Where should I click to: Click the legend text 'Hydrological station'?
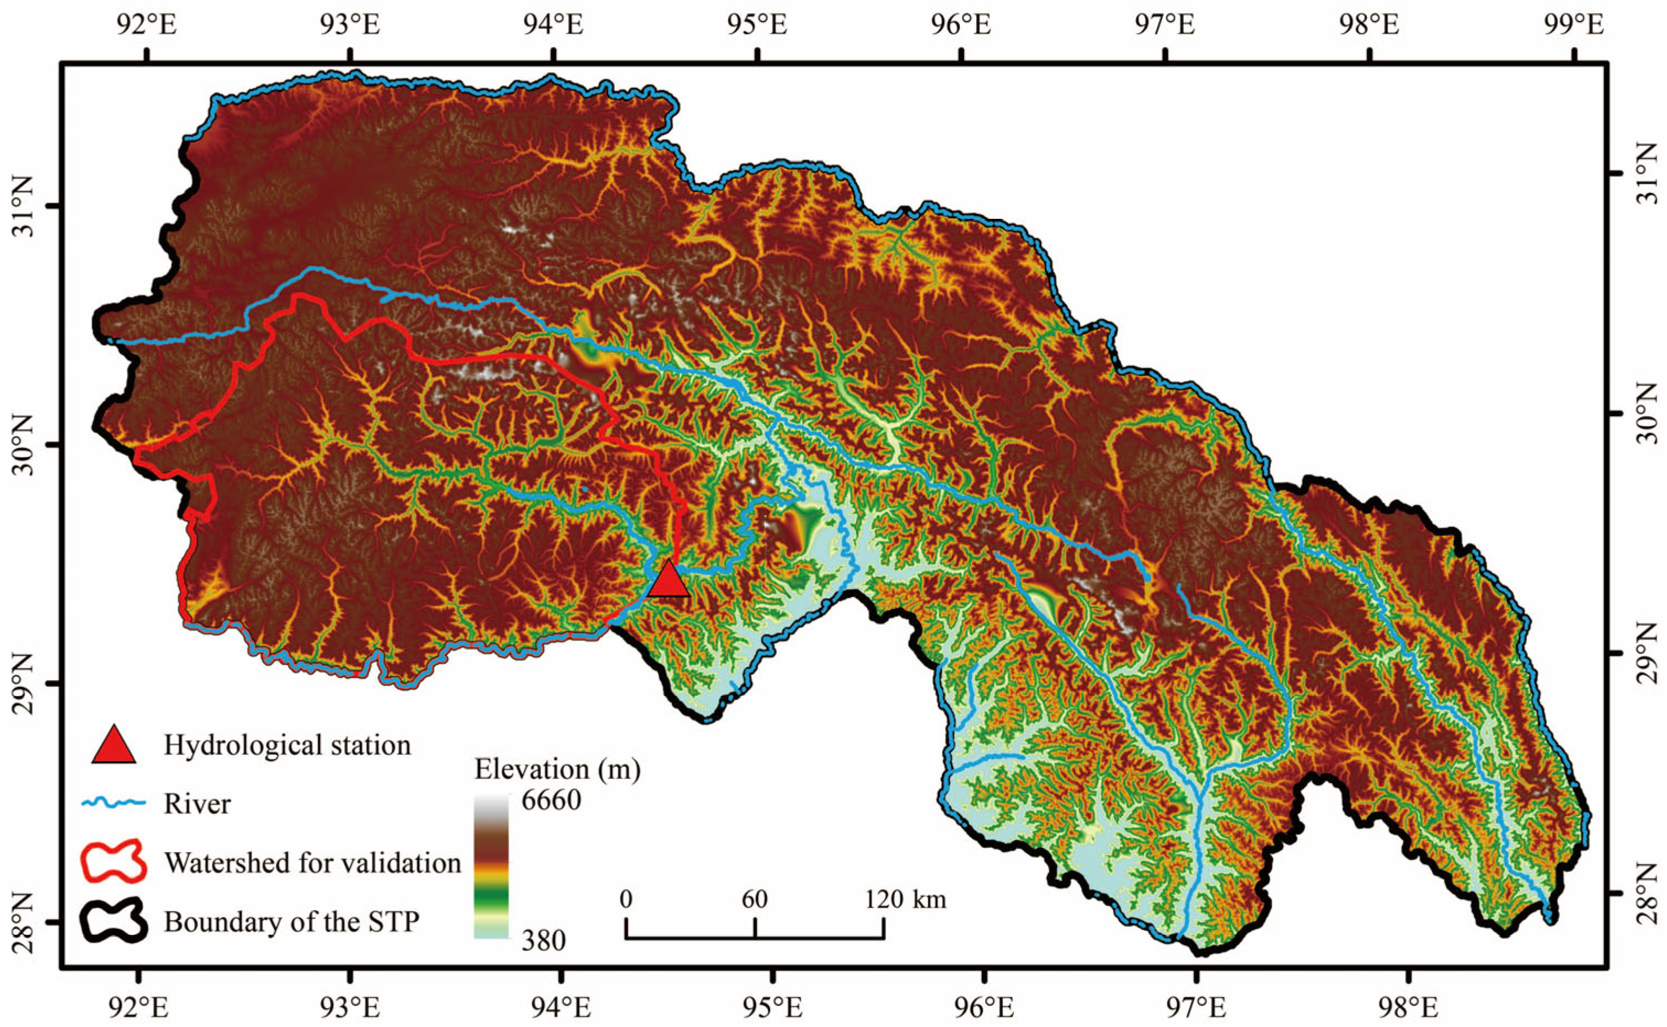pyautogui.click(x=287, y=745)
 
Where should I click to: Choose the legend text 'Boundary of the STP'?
pyautogui.click(x=292, y=922)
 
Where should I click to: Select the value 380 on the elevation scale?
pyautogui.click(x=544, y=941)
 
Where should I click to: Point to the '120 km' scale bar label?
pyautogui.click(x=905, y=900)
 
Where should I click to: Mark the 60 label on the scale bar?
pyautogui.click(x=754, y=900)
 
